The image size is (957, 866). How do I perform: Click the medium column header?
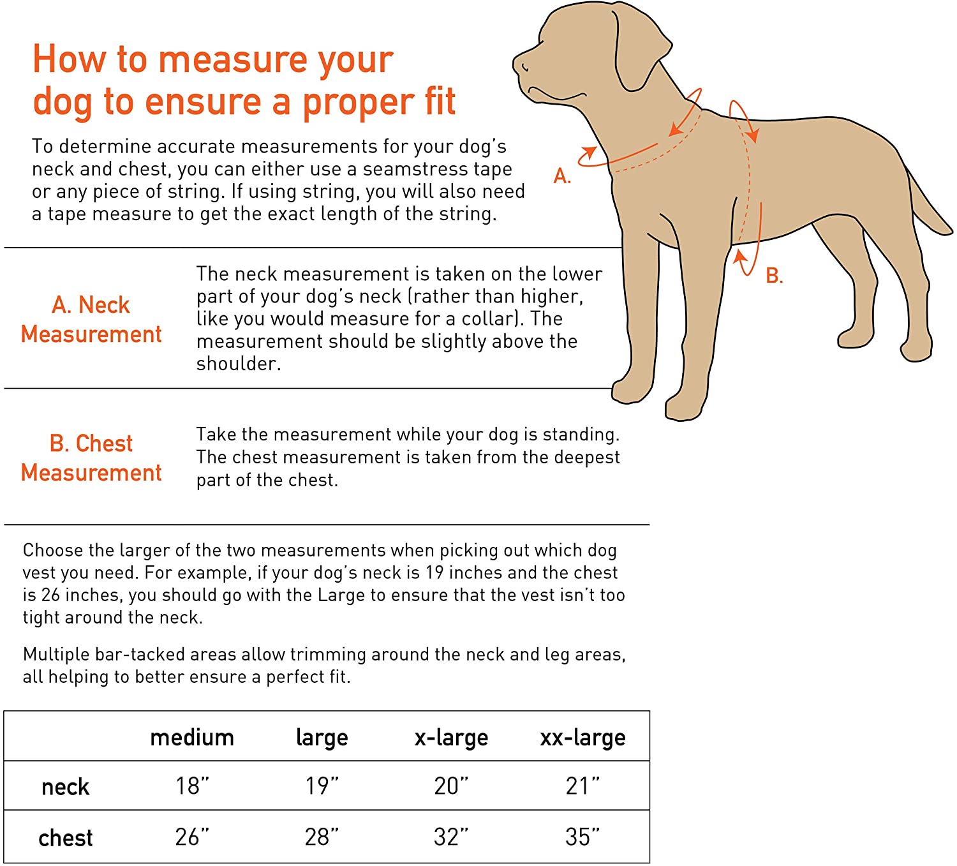[192, 738]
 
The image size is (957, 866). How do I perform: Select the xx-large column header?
[582, 738]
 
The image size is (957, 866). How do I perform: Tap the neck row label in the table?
[65, 787]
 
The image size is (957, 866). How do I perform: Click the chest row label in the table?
[65, 837]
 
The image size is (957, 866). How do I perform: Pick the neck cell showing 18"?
[192, 786]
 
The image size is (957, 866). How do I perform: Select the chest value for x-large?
[451, 836]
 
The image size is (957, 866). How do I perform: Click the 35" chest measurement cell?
[582, 836]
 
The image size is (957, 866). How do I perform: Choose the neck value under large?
[322, 786]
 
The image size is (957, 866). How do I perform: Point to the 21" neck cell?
[582, 786]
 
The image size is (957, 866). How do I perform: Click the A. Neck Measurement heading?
[91, 319]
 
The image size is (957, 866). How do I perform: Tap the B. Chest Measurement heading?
[91, 458]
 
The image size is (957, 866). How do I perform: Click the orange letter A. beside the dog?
[561, 175]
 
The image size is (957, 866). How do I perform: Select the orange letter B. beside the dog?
[774, 276]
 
